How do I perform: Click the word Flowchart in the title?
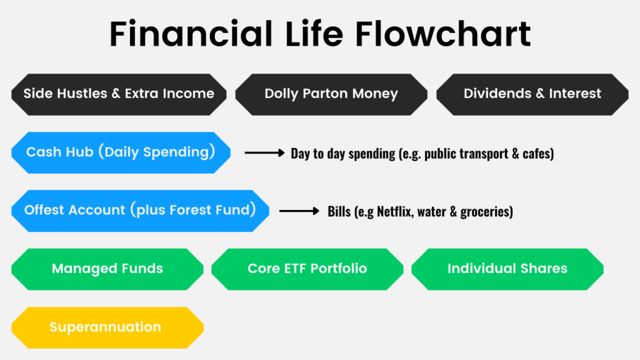click(443, 34)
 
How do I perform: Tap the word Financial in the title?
click(191, 34)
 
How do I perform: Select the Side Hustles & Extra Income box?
click(119, 94)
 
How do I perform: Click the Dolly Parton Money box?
click(331, 94)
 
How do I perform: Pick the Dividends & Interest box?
click(532, 94)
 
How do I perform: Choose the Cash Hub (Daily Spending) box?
click(121, 152)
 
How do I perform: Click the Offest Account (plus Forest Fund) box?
click(141, 211)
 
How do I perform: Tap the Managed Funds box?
click(107, 269)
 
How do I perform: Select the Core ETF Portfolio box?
click(307, 269)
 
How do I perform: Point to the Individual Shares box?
click(507, 269)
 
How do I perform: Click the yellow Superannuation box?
click(107, 327)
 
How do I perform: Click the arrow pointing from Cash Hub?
click(264, 153)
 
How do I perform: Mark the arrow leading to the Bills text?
click(299, 211)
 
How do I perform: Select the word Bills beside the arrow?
click(339, 211)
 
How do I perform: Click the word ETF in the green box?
click(290, 269)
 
